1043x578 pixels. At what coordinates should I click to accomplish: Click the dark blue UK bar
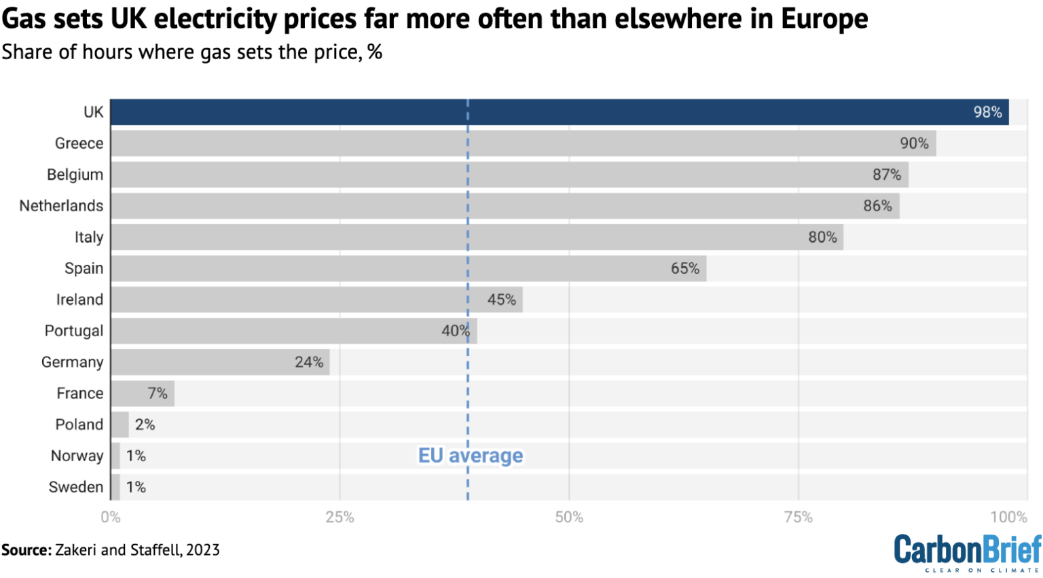[543, 112]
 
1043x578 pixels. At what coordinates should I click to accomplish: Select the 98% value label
[987, 112]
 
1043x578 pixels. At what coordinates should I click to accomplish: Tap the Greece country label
[79, 143]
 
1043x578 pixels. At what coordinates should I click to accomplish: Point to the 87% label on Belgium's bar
[887, 175]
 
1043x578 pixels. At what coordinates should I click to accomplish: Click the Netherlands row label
[61, 206]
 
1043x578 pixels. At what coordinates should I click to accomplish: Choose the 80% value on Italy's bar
[822, 237]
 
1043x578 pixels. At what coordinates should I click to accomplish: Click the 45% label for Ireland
[502, 300]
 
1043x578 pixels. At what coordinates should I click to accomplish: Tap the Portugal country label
[74, 331]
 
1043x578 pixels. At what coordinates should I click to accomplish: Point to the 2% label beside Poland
[145, 425]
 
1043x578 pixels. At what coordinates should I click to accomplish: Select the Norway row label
[77, 456]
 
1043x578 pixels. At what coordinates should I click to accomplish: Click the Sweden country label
[76, 487]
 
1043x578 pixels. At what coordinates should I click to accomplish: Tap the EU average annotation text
[471, 455]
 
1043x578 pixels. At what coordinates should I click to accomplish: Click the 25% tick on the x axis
[340, 517]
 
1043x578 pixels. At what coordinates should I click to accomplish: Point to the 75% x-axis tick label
[798, 517]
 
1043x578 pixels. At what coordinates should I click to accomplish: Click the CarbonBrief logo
[967, 552]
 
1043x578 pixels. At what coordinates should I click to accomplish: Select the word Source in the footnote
[26, 549]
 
